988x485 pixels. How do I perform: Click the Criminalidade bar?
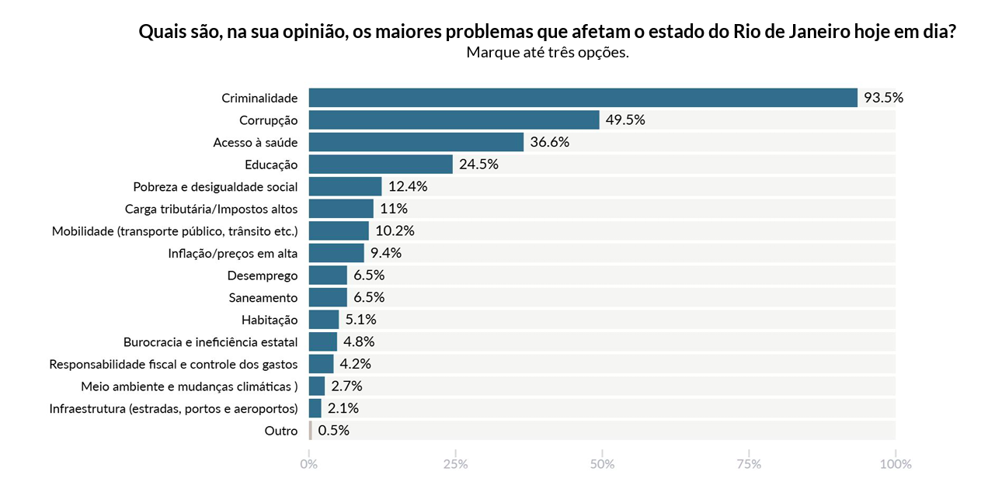coord(583,98)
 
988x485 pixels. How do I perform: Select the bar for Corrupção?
coord(454,120)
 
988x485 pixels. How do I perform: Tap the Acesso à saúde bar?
coord(416,142)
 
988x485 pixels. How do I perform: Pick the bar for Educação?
coord(381,165)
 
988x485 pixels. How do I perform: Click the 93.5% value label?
coord(883,98)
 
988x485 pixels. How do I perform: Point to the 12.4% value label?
coord(408,187)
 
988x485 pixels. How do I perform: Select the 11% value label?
coord(394,209)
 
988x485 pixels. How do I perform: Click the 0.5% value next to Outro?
coord(333,431)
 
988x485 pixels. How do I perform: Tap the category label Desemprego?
coord(263,275)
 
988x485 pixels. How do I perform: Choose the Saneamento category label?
coord(263,298)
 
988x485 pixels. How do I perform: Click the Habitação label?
coord(270,320)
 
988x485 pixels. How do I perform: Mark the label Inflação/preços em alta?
coord(233,254)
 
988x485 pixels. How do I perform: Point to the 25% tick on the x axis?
coord(455,464)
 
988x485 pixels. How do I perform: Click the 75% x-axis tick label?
coord(749,464)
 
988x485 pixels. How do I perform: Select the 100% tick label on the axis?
coord(895,464)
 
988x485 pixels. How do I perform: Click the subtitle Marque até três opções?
coord(547,53)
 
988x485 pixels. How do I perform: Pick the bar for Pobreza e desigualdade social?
coord(345,187)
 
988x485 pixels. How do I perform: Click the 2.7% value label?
coord(346,386)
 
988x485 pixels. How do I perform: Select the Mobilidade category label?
coord(175,231)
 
